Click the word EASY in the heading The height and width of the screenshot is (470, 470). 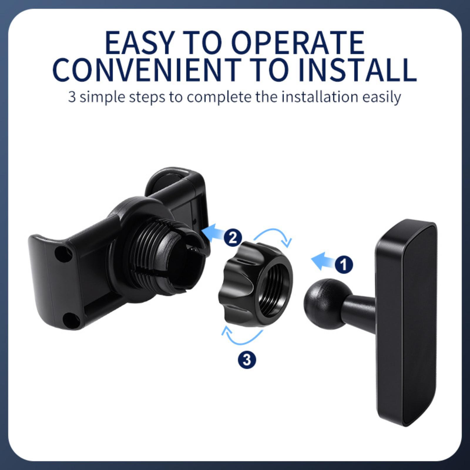click(x=139, y=43)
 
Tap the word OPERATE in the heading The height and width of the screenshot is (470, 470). click(x=298, y=43)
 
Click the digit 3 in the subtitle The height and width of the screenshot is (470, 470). click(x=72, y=97)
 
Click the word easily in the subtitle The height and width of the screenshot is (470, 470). click(x=382, y=98)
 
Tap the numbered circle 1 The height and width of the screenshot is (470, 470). click(x=344, y=265)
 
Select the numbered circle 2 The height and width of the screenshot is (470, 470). click(x=233, y=238)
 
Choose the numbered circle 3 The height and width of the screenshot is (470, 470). click(x=247, y=360)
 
